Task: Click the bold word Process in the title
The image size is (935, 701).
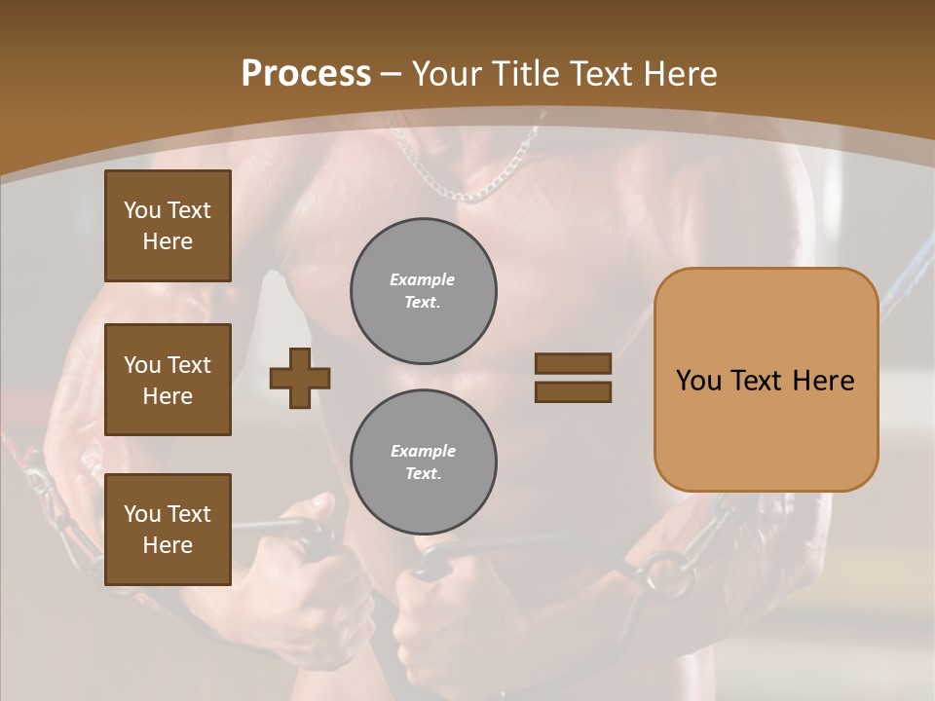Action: [x=306, y=74]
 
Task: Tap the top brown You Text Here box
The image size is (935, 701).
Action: [x=168, y=226]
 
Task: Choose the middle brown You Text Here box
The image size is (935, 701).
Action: [x=168, y=380]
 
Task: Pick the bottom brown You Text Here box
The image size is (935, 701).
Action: [x=168, y=530]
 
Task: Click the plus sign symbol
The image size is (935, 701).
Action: [x=300, y=378]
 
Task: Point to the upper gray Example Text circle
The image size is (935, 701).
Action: [x=424, y=291]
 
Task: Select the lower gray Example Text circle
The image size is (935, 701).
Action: [x=424, y=462]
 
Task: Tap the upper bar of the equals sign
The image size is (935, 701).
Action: [x=573, y=363]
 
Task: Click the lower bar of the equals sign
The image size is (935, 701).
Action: [x=573, y=391]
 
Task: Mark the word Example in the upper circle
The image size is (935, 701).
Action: [x=422, y=280]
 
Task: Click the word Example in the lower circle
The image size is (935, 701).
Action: [x=423, y=452]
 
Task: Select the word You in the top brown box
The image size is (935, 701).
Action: [x=142, y=210]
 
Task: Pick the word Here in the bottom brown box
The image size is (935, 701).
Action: [x=168, y=545]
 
